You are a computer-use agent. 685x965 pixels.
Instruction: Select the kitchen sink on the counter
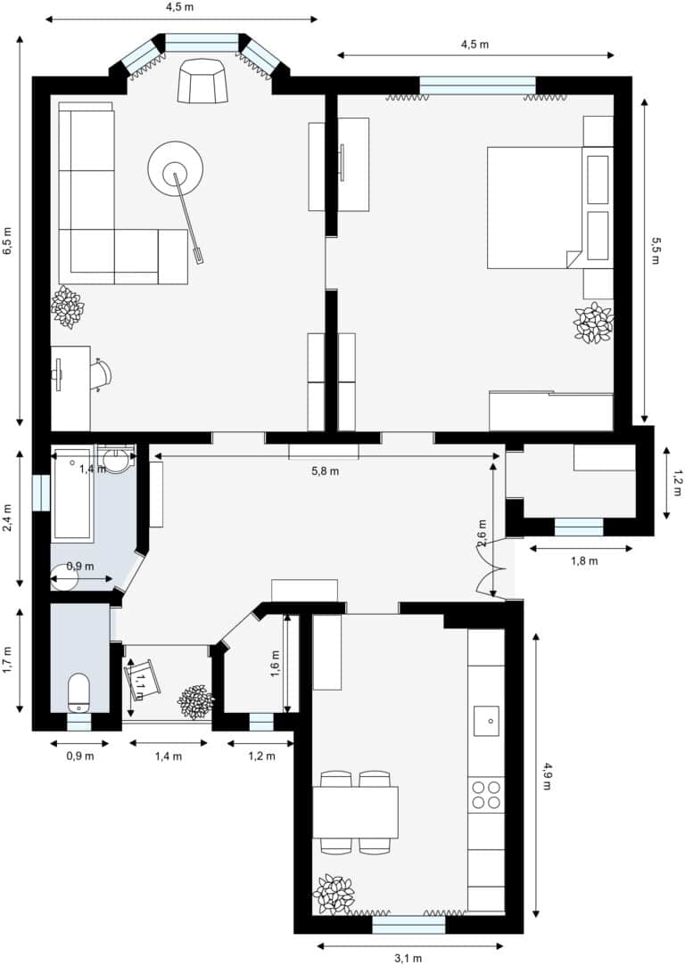click(486, 721)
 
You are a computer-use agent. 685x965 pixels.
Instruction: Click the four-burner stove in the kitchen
click(486, 795)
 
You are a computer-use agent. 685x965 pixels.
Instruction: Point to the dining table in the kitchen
click(355, 813)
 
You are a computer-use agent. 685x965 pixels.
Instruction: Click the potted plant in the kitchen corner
click(334, 894)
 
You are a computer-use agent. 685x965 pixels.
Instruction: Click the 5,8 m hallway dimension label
click(326, 471)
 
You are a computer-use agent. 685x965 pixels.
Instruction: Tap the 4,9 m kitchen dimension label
click(548, 776)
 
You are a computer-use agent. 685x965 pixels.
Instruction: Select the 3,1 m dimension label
click(408, 958)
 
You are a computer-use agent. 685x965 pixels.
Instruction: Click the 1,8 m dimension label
click(584, 560)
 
